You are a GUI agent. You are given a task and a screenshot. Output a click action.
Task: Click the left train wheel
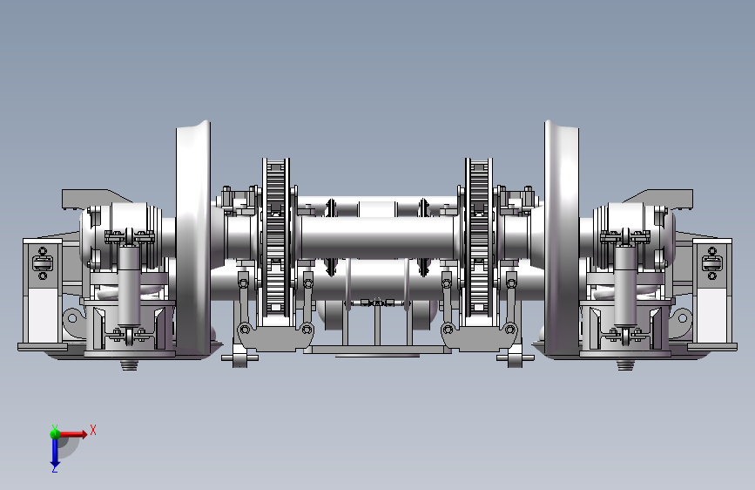(192, 239)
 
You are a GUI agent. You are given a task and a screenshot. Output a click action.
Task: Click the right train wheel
(562, 239)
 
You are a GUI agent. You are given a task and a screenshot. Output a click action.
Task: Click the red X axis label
(93, 430)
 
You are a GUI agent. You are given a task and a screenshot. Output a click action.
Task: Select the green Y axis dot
(55, 433)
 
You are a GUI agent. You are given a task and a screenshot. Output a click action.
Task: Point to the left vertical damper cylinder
(129, 284)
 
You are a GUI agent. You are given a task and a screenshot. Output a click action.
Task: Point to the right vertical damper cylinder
(625, 284)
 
